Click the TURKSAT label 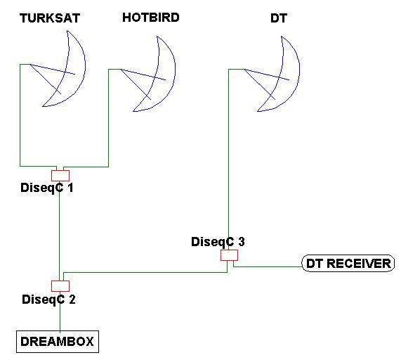[50, 18]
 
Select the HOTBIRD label [151, 18]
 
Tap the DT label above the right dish [279, 18]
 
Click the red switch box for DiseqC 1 [60, 176]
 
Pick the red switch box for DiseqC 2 [60, 286]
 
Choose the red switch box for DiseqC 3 [229, 255]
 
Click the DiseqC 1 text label [47, 188]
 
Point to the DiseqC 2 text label [48, 300]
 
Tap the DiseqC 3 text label [218, 242]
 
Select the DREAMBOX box [58, 342]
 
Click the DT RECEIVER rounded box [348, 263]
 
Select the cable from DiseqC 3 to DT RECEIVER [268, 266]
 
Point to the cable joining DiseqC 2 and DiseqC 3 [145, 272]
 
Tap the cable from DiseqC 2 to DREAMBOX [60, 311]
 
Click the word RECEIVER [359, 264]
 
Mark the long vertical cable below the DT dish [228, 160]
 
